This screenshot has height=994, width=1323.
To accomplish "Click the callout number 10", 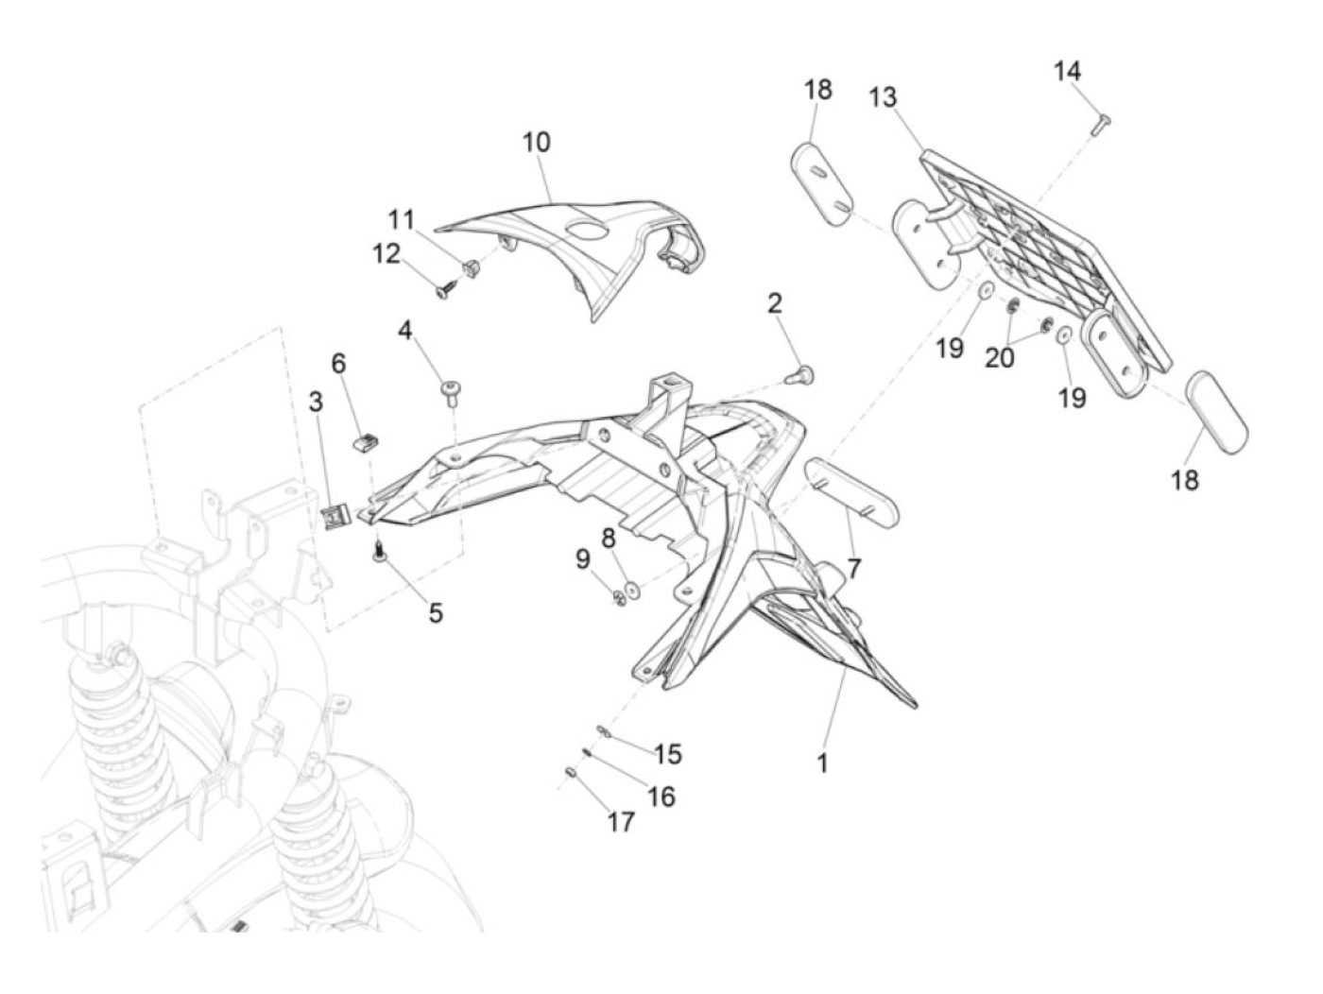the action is [536, 143].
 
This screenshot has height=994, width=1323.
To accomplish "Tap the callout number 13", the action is [883, 97].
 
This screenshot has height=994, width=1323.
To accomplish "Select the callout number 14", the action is [1067, 72].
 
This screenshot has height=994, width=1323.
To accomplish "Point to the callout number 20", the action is [999, 358].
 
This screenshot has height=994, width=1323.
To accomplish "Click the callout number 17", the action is [621, 822].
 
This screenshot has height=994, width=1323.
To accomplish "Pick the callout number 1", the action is [822, 763].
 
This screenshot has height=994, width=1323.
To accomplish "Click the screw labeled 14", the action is [1101, 124].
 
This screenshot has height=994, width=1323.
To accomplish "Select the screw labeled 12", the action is [447, 292].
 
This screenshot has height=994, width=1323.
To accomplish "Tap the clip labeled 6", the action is [367, 445].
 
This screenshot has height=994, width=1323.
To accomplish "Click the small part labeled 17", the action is [571, 773].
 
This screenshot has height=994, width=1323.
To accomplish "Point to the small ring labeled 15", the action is [603, 731].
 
